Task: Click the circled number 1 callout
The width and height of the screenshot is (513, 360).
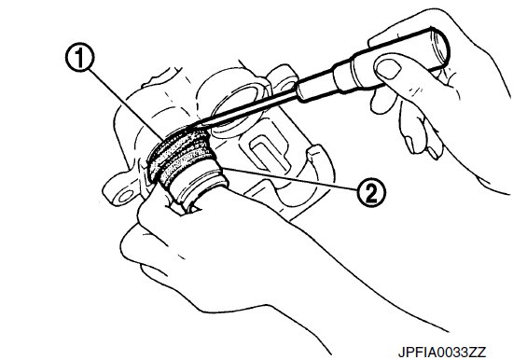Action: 80,58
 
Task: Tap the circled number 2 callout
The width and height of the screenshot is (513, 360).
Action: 371,192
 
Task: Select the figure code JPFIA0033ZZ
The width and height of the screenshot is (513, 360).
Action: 442,352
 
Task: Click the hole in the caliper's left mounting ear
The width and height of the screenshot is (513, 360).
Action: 125,197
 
